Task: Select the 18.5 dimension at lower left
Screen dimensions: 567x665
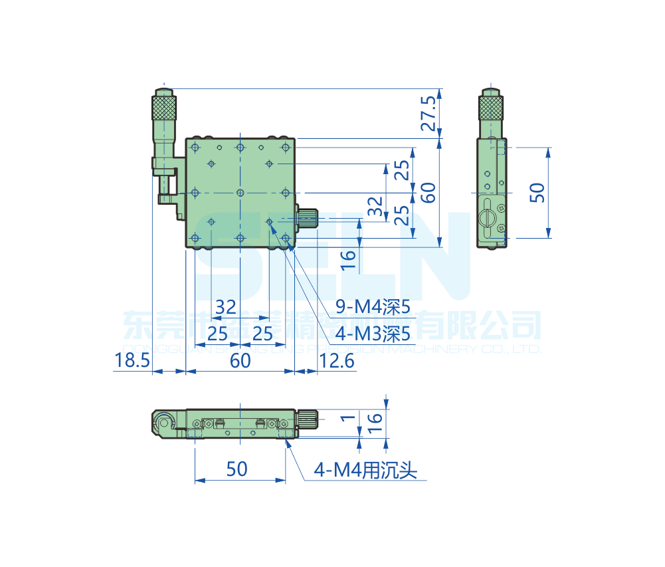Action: click(130, 361)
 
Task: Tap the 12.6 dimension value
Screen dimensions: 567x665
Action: click(337, 361)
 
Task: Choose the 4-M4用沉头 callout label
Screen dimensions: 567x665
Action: click(365, 471)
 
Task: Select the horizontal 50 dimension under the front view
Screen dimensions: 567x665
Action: click(237, 469)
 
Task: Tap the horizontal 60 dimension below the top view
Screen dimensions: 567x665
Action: click(240, 361)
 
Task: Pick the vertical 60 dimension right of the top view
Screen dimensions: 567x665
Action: click(428, 193)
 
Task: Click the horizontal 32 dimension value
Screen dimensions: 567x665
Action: click(226, 307)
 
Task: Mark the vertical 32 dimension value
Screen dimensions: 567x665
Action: click(376, 206)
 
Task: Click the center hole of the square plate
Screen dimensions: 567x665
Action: click(240, 193)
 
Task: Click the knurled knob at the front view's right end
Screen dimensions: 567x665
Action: click(308, 418)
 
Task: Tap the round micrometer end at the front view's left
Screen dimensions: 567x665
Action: click(163, 421)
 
